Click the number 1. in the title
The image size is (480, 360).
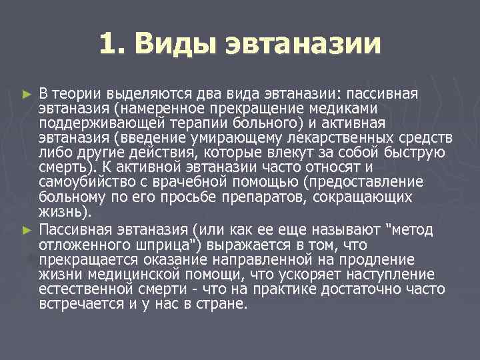point(113,44)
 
